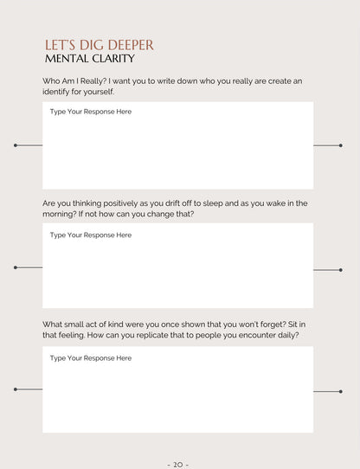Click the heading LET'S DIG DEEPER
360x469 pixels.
[99, 45]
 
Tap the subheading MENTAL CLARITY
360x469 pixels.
[89, 59]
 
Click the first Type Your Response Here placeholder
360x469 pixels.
[90, 112]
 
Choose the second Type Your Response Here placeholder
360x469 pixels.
[90, 234]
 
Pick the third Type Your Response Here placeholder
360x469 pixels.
[90, 357]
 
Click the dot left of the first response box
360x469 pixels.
[16, 145]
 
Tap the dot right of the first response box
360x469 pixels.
[341, 145]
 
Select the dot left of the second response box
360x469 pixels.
[16, 268]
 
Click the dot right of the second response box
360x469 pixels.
[341, 270]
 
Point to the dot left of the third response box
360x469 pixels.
[16, 389]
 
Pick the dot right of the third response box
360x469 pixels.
[341, 392]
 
